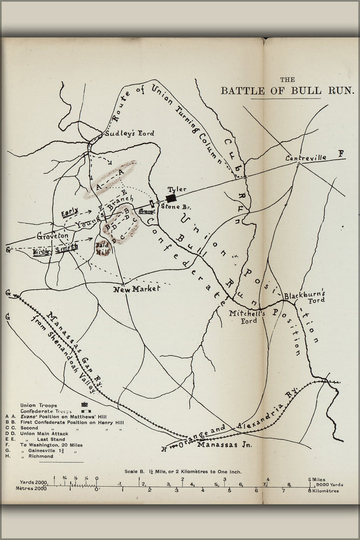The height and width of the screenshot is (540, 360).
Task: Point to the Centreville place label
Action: point(306,158)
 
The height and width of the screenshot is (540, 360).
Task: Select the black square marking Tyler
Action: point(171,198)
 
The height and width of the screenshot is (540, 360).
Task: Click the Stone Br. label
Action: point(173,206)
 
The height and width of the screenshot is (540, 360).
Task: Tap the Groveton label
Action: point(52,236)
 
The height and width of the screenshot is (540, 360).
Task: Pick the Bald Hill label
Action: point(103,248)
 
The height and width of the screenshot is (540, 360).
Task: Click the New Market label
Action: point(137,290)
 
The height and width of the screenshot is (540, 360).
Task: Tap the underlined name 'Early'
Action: point(69,213)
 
